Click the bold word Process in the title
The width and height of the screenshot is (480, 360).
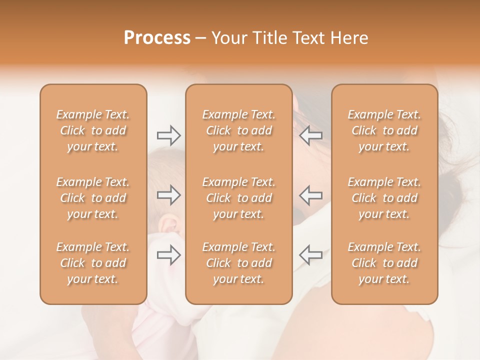157,38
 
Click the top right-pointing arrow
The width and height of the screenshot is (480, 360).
168,135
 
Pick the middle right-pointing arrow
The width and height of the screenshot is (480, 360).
168,195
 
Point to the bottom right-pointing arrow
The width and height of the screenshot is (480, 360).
168,255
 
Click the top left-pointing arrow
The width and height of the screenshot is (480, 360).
310,135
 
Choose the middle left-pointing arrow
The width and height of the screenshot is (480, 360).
310,195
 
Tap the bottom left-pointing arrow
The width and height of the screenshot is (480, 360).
310,255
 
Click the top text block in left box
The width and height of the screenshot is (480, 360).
93,130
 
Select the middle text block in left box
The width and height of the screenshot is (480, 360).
93,198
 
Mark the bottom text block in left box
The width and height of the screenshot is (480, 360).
93,263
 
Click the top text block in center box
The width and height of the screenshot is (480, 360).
239,130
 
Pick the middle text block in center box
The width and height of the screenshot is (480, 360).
239,198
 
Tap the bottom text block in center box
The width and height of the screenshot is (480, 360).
239,263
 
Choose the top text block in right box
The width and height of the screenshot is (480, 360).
384,130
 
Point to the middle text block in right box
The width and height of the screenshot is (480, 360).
384,198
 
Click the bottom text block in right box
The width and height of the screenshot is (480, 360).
384,263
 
